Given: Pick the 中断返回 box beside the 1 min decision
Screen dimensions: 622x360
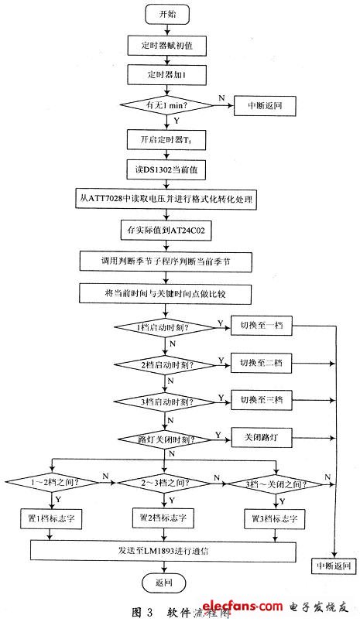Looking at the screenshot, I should [265, 107].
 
